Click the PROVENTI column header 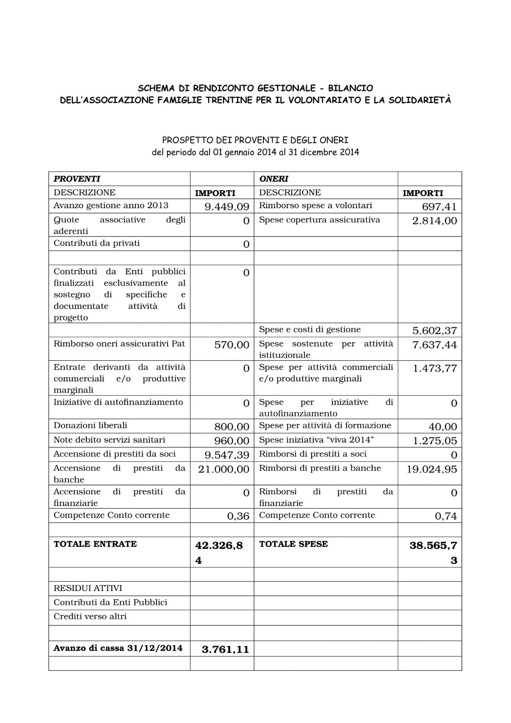click(x=77, y=179)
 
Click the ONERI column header click(x=274, y=179)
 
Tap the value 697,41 click(x=439, y=207)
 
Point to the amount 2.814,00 click(x=434, y=221)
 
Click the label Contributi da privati click(x=97, y=243)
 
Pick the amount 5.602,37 click(x=434, y=331)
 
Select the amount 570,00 click(x=231, y=345)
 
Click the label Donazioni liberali click(x=90, y=425)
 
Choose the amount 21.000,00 click(x=223, y=469)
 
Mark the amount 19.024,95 click(x=431, y=469)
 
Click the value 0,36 click(x=238, y=516)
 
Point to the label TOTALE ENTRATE click(x=95, y=544)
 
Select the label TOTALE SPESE click(x=293, y=544)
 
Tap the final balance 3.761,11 click(x=225, y=649)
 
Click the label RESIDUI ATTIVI click(x=88, y=588)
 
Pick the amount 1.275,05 click(x=435, y=441)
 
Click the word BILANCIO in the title click(x=350, y=88)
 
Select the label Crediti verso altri click(x=90, y=616)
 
